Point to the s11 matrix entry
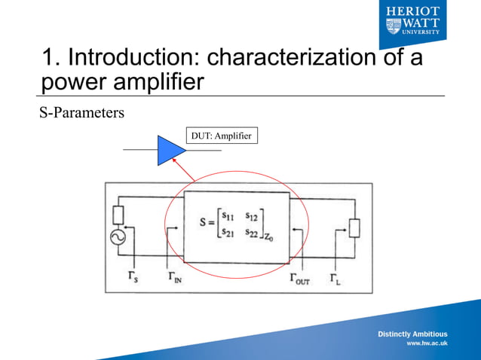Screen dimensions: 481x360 229,215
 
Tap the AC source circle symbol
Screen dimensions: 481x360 118,237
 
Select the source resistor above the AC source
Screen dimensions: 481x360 118,215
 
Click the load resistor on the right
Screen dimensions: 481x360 354,226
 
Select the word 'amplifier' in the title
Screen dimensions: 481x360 156,81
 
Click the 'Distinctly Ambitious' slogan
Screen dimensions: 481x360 412,334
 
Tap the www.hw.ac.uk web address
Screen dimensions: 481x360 427,343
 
